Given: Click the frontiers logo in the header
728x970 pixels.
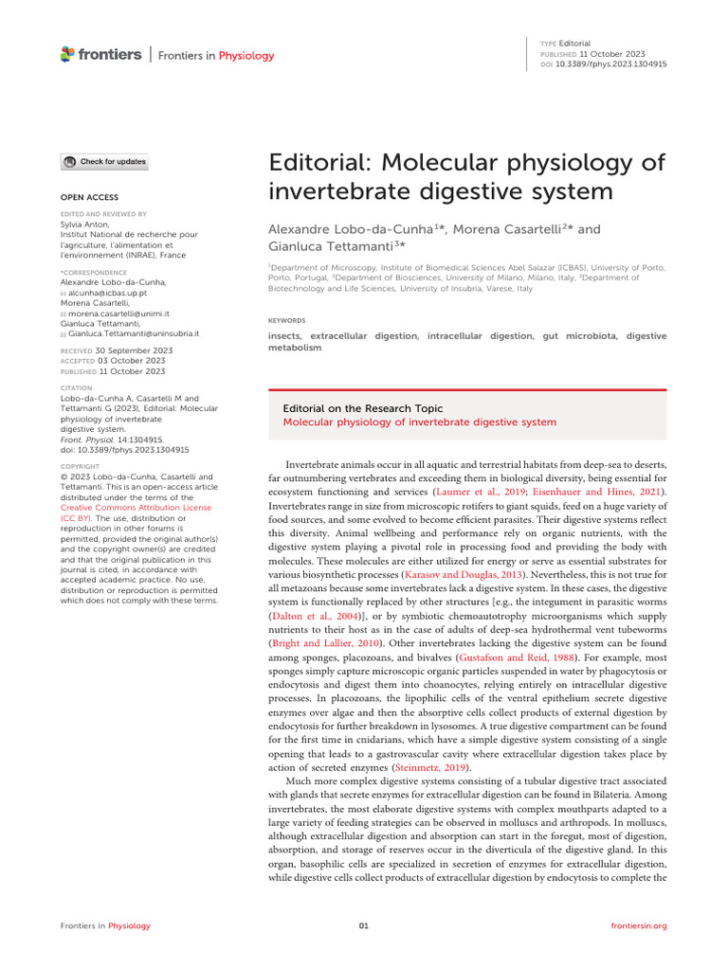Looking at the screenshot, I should pyautogui.click(x=100, y=55).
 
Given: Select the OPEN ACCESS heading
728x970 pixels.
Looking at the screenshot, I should pyautogui.click(x=90, y=197).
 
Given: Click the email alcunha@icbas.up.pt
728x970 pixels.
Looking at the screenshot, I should pyautogui.click(x=109, y=295).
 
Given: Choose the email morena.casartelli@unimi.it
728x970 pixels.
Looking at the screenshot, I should pyautogui.click(x=118, y=313).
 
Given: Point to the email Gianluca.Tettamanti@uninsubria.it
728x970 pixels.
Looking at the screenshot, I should pyautogui.click(x=133, y=333).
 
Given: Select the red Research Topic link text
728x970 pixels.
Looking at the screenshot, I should pyautogui.click(x=420, y=422).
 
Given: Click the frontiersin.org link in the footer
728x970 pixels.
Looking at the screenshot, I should pyautogui.click(x=640, y=925).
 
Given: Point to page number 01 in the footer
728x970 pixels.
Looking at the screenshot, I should pyautogui.click(x=363, y=925).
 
